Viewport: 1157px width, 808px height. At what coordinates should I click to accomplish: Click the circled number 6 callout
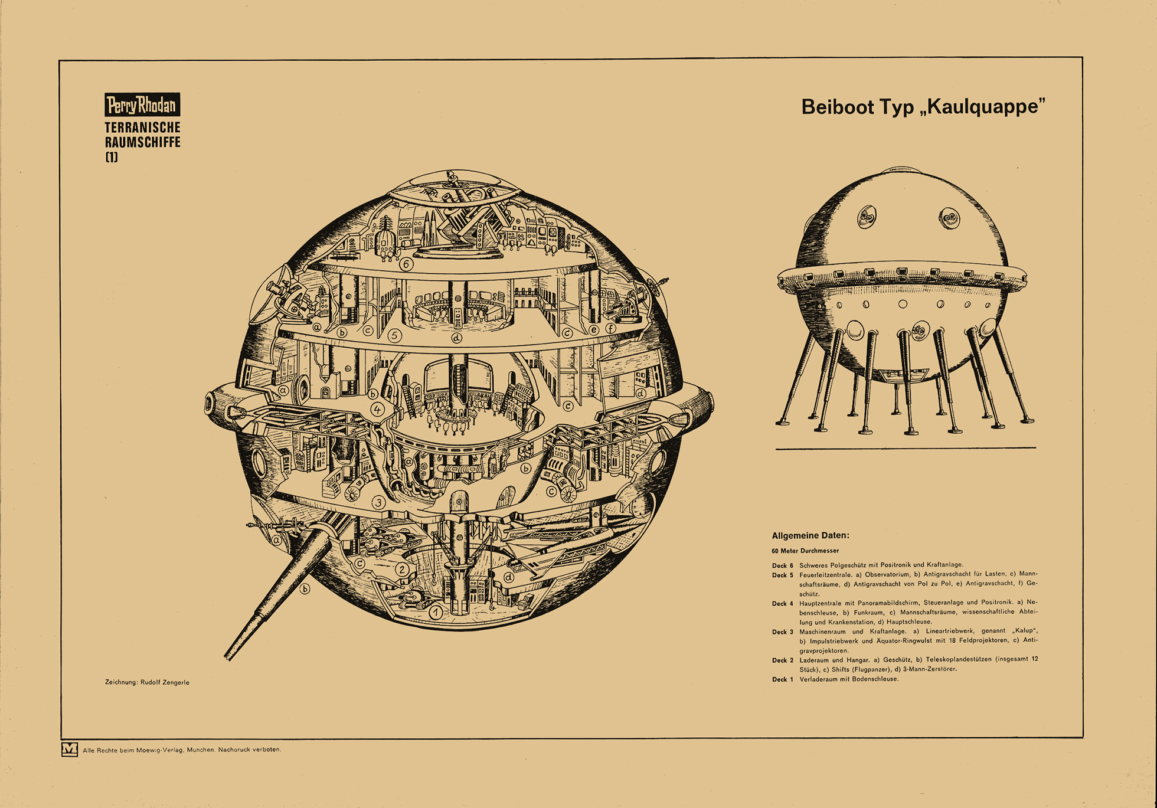point(406,264)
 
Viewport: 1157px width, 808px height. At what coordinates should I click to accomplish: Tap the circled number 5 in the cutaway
point(395,336)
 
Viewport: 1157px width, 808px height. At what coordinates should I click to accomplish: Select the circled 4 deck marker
point(377,409)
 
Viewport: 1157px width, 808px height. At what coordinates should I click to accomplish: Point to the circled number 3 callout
point(379,503)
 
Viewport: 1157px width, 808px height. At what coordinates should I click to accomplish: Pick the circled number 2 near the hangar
point(402,570)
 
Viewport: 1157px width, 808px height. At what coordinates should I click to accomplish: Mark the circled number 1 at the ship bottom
point(436,613)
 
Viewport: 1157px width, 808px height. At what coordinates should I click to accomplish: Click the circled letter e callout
point(594,330)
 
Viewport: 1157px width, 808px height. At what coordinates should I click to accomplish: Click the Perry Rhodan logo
point(142,105)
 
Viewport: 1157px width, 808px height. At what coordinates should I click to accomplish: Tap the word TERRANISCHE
point(142,127)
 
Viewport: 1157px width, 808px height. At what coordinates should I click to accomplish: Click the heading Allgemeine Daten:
point(810,536)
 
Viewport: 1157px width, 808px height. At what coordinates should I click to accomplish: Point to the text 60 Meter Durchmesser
point(805,551)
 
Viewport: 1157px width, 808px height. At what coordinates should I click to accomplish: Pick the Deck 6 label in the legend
point(783,565)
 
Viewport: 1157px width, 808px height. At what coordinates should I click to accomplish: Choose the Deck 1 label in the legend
point(783,679)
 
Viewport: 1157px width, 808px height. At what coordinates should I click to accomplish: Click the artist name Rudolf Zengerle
point(165,682)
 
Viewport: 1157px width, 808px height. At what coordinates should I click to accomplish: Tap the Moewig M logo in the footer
point(70,750)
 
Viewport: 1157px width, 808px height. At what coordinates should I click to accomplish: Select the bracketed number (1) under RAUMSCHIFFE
point(112,157)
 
